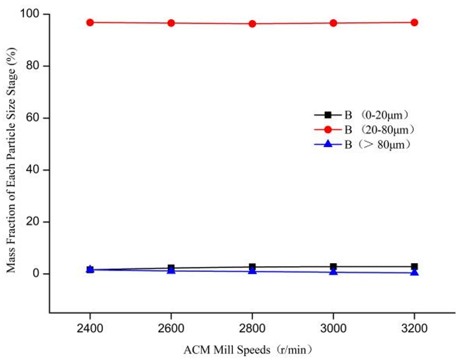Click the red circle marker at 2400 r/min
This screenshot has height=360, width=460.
point(90,23)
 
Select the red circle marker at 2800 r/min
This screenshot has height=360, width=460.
point(252,24)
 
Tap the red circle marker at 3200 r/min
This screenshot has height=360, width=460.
point(414,23)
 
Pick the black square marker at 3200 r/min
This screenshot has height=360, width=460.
point(414,266)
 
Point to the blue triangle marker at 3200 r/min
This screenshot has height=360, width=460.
point(414,272)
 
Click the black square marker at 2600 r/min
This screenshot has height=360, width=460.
point(171,268)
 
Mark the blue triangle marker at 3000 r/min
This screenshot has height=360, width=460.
point(333,271)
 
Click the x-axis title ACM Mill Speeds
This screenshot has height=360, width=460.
point(248,350)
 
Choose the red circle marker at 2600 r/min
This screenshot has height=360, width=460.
point(171,23)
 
